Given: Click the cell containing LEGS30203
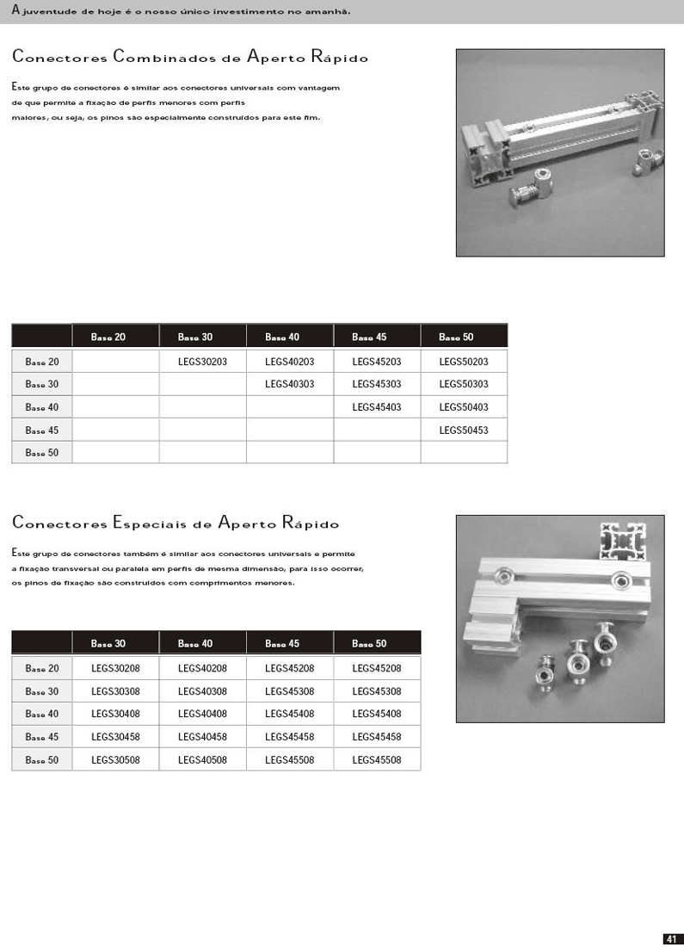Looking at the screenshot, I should tap(202, 362).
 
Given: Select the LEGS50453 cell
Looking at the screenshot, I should tap(463, 430).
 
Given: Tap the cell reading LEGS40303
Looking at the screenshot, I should tap(289, 384).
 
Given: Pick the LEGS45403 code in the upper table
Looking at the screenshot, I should tap(376, 407).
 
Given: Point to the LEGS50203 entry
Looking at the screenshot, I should tap(463, 362).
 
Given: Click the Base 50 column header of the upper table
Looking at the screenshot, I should tap(456, 337).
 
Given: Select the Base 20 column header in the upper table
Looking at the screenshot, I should tap(108, 337).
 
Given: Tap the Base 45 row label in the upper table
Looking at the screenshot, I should tap(42, 430).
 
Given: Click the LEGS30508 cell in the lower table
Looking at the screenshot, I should tap(115, 759).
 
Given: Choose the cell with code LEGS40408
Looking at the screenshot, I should tap(202, 714).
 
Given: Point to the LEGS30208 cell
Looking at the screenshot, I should tap(115, 668).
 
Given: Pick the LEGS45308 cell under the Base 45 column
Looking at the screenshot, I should tap(289, 691).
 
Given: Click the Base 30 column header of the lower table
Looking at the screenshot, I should tap(108, 643).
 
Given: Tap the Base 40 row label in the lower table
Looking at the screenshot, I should tap(42, 714).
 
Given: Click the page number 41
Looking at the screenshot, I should tap(672, 938).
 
